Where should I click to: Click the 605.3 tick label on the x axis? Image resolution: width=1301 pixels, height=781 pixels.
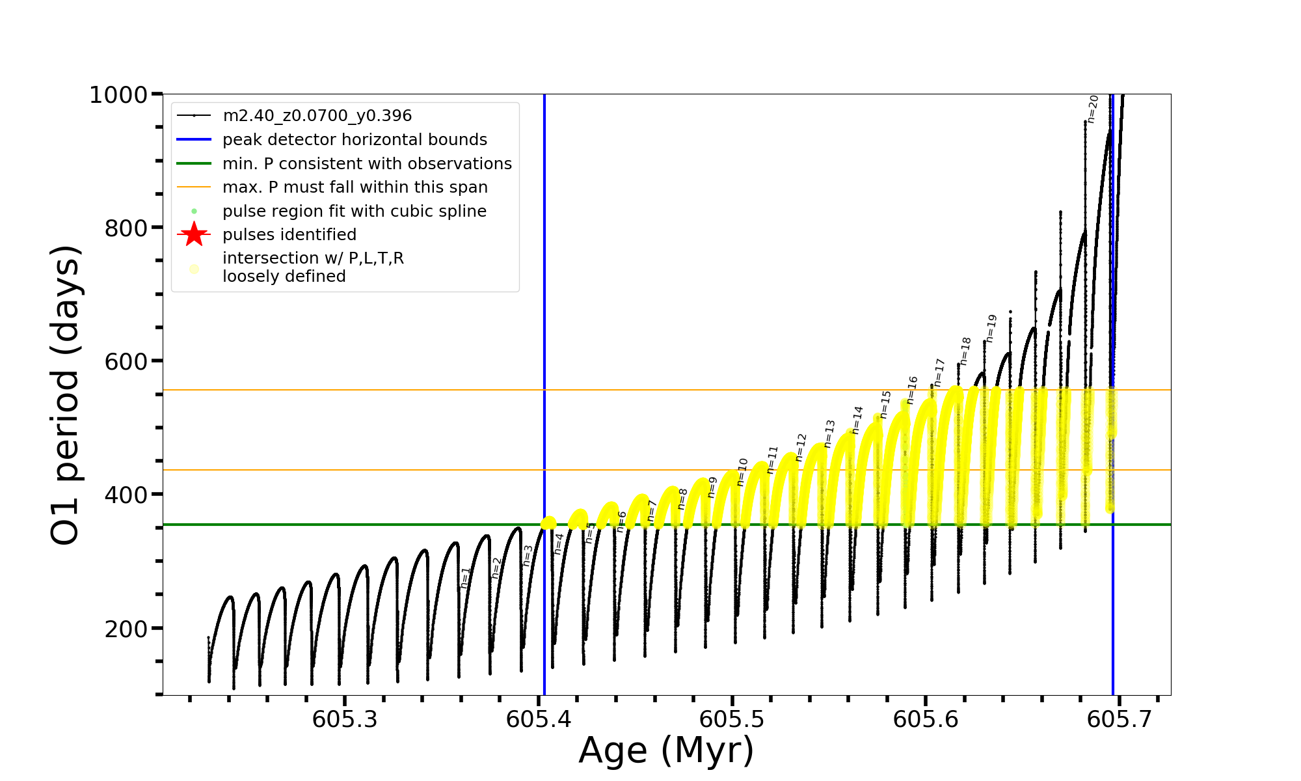click(344, 720)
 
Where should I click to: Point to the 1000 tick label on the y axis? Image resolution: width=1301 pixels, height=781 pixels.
click(118, 95)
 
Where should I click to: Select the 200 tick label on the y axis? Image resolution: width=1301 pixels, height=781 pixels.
click(126, 629)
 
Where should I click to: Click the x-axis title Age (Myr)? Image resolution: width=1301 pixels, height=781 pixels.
click(666, 750)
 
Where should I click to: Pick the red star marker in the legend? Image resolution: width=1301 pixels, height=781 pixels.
click(194, 234)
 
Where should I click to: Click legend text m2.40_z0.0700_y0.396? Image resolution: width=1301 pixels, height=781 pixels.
click(317, 116)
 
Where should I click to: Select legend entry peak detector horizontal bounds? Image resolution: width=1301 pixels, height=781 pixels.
click(355, 140)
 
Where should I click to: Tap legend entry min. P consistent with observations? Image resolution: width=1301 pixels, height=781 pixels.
click(367, 163)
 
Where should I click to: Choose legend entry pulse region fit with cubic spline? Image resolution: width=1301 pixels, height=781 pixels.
click(354, 211)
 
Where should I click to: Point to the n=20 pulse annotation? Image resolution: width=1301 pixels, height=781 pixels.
click(1093, 109)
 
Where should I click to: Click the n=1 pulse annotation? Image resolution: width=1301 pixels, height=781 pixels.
click(465, 577)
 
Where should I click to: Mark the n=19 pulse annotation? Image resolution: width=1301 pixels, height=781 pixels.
click(991, 328)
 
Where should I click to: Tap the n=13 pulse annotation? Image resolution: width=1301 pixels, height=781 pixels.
click(829, 433)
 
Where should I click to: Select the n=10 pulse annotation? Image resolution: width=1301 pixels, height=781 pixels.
click(742, 472)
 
